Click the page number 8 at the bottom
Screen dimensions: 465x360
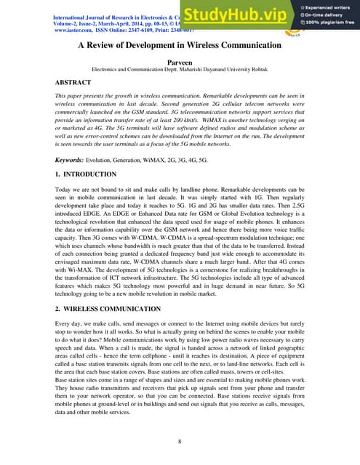(180, 440)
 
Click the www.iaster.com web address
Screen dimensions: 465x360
(76, 31)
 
